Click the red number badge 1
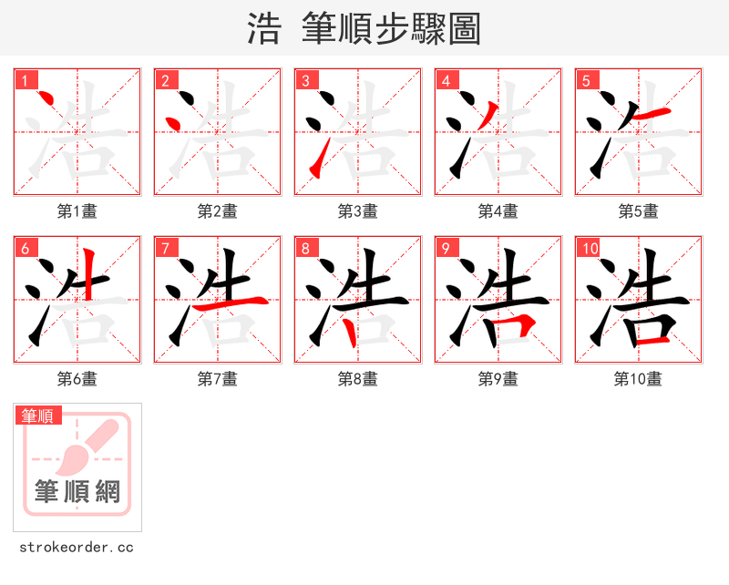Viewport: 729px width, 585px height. click(x=25, y=80)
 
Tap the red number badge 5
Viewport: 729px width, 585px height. click(x=586, y=80)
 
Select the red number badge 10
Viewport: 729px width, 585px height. click(x=589, y=248)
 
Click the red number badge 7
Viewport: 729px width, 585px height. click(x=165, y=248)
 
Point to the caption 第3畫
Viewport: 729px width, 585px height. click(x=357, y=211)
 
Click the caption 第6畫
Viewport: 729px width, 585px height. click(x=77, y=378)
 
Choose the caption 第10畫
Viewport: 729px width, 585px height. click(x=638, y=378)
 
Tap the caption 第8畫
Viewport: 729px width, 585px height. click(x=357, y=378)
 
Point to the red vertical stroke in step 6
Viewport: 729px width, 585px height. click(x=88, y=273)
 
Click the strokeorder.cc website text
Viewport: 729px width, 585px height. click(x=77, y=548)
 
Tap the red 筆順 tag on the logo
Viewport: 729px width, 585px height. click(x=38, y=416)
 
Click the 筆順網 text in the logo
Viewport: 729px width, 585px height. click(x=77, y=491)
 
